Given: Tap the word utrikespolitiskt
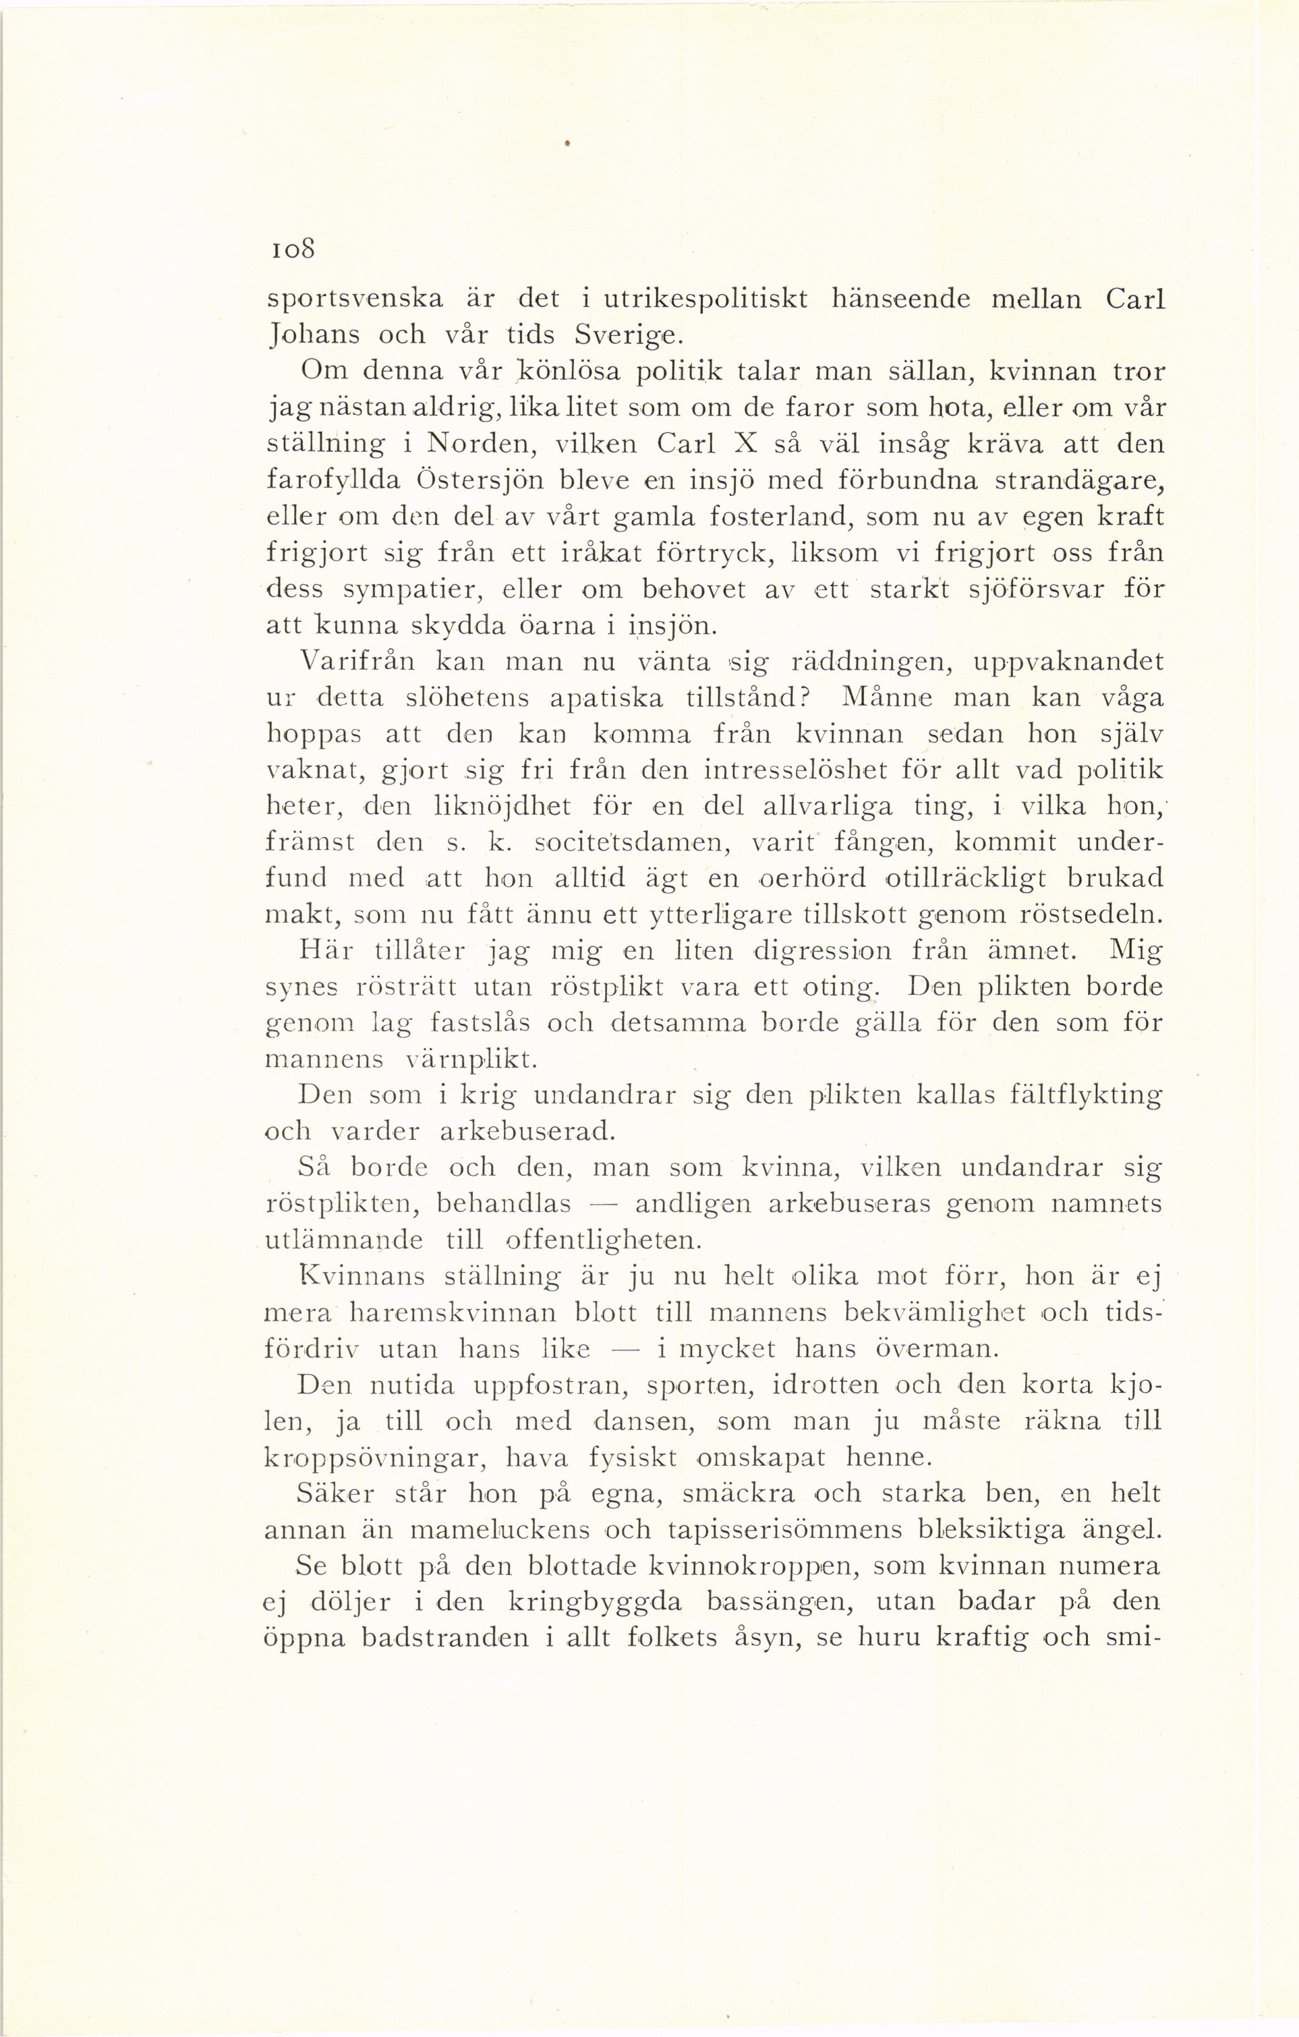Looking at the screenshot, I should point(694,299).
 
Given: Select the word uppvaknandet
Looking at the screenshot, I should point(1069,660).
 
